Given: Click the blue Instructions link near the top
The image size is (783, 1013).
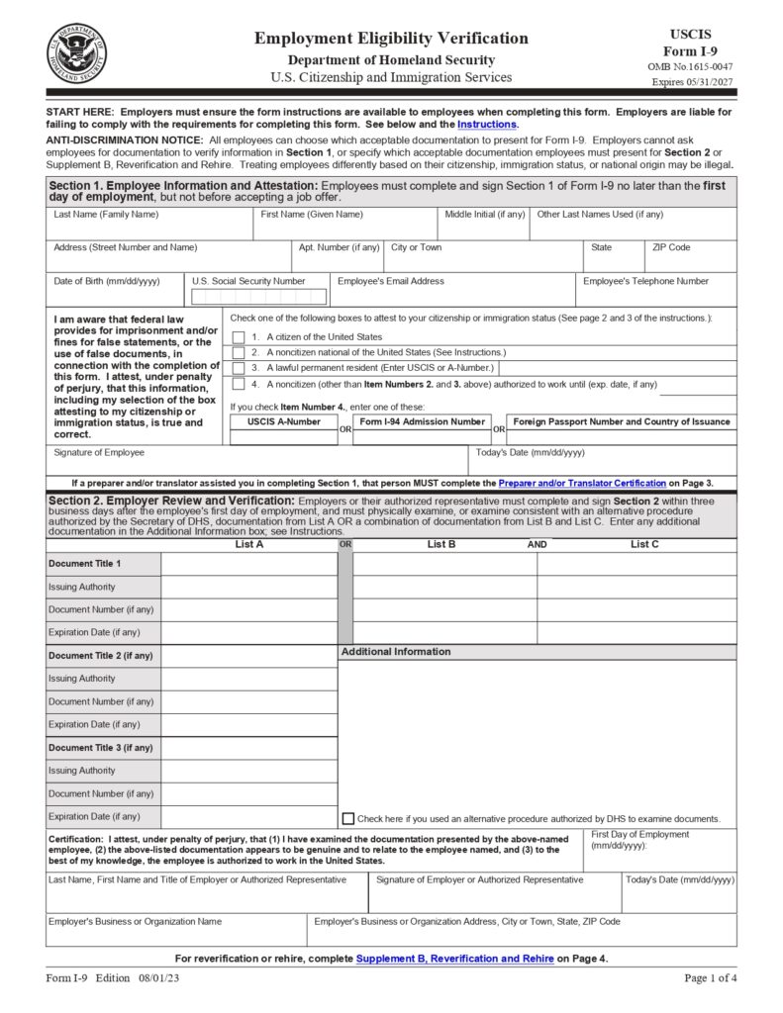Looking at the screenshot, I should (486, 125).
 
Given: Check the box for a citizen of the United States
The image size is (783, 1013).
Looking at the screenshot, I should (239, 337).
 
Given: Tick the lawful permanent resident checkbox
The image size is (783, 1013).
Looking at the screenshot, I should (239, 367).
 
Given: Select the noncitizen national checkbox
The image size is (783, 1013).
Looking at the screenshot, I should (239, 352).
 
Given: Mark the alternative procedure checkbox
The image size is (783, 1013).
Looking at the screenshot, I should (347, 818).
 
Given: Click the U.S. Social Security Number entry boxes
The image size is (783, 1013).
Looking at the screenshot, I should (258, 297).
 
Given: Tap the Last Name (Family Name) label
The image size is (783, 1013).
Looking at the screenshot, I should (106, 215).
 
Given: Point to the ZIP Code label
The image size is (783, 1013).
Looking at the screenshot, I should (670, 247).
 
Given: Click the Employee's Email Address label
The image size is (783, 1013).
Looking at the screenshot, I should (390, 281).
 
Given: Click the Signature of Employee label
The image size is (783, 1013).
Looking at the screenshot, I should (99, 452).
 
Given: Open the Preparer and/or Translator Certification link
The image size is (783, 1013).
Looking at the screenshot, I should (582, 483).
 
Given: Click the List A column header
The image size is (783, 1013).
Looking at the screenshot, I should (248, 544).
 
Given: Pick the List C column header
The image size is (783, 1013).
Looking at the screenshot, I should (644, 544).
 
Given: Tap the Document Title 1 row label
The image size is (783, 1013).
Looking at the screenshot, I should (85, 564).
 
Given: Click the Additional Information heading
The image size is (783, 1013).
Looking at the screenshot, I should (396, 652).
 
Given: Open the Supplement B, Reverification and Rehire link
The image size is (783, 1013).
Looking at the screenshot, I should (454, 959).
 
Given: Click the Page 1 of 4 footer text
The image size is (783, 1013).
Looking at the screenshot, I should (710, 978).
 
